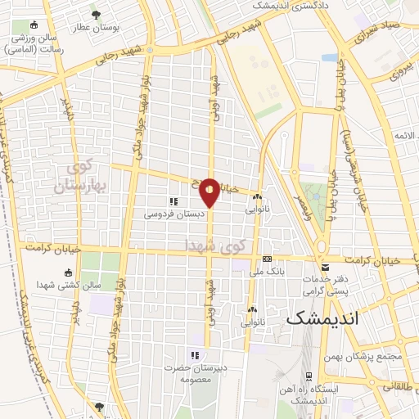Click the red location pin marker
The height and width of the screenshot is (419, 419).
coord(209,191)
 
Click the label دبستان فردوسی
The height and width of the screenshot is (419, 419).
coord(171,214)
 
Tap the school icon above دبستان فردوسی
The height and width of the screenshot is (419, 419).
coord(173,200)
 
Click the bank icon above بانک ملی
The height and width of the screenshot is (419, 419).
coord(267,257)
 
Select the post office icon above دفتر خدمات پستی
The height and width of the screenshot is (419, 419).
coord(326,268)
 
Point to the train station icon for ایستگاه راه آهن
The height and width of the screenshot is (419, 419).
coord(309,376)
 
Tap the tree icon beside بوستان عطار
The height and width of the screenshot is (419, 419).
coord(97,14)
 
